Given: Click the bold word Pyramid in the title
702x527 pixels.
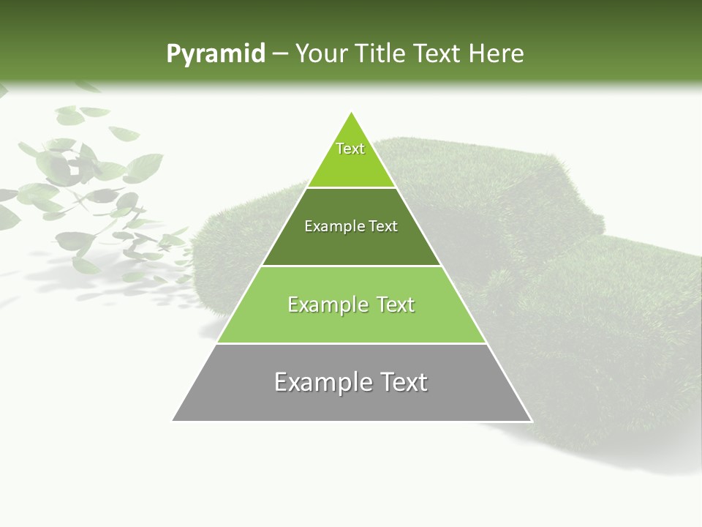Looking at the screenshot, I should (215, 54).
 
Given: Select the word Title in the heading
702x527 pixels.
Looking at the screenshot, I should (383, 54).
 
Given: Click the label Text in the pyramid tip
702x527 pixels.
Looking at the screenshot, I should (350, 149).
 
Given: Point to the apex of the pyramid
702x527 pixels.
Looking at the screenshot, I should (352, 113).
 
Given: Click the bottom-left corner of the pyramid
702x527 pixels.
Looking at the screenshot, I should (173, 420).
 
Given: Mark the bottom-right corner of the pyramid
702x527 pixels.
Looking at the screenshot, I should (531, 420).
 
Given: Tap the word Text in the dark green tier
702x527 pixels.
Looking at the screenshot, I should (384, 226).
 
